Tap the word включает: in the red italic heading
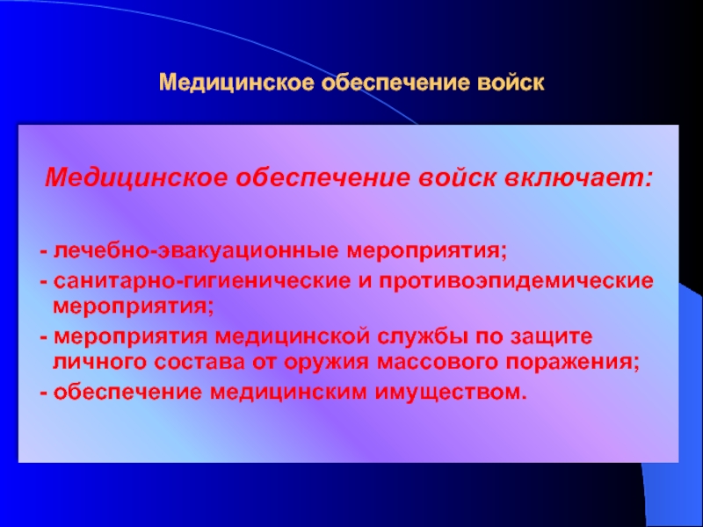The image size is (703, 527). click(x=578, y=178)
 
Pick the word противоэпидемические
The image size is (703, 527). click(x=517, y=281)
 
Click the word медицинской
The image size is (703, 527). click(x=293, y=337)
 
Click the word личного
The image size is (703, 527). click(x=100, y=362)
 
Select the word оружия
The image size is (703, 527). click(x=327, y=363)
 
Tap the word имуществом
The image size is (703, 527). click(x=451, y=393)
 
